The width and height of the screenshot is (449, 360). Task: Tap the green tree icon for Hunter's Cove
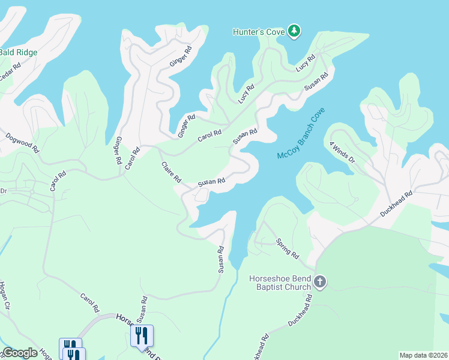pyautogui.click(x=294, y=31)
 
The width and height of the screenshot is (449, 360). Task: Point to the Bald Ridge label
pyautogui.click(x=18, y=53)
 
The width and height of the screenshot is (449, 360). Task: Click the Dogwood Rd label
pyautogui.click(x=22, y=141)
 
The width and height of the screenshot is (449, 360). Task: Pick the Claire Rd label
pyautogui.click(x=171, y=171)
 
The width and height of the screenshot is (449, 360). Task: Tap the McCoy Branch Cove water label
pyautogui.click(x=301, y=133)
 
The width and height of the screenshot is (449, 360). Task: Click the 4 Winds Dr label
pyautogui.click(x=343, y=152)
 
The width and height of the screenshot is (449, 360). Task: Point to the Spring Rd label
pyautogui.click(x=287, y=248)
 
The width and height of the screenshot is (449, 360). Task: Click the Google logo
pyautogui.click(x=20, y=353)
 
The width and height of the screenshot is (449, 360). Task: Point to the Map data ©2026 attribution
pyautogui.click(x=423, y=355)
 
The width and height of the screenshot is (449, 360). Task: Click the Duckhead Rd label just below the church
pyautogui.click(x=300, y=310)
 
